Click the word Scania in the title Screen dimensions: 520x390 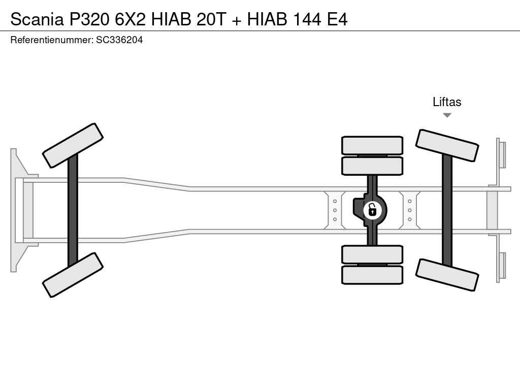point(37,19)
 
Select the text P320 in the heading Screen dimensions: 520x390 point(89,19)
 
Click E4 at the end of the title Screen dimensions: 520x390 point(337,19)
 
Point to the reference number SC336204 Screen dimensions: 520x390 point(119,40)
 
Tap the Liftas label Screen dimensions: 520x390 point(447,102)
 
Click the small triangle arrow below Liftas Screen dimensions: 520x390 point(447,115)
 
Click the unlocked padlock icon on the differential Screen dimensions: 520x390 point(372,210)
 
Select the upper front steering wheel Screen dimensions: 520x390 point(73,146)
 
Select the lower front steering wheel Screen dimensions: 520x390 point(73,275)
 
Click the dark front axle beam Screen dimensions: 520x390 point(73,210)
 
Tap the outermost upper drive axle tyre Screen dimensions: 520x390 point(372,145)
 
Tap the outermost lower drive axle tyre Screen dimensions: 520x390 point(372,275)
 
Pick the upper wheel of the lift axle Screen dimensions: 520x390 point(447,146)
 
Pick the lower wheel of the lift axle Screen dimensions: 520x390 point(447,275)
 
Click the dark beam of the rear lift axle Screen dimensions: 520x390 point(447,210)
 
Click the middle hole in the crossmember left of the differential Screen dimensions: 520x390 point(335,210)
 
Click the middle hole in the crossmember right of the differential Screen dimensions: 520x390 point(410,210)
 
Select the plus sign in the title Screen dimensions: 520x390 point(237,20)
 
